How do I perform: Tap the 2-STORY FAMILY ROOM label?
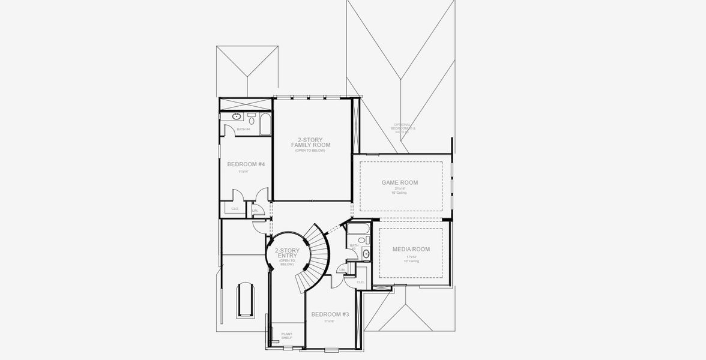pyautogui.click(x=310, y=142)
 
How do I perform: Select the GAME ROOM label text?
pyautogui.click(x=400, y=182)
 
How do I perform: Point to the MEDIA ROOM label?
pyautogui.click(x=411, y=249)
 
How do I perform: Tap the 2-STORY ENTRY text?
pyautogui.click(x=287, y=254)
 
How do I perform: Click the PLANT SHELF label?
pyautogui.click(x=287, y=335)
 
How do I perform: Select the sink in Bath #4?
pyautogui.click(x=237, y=116)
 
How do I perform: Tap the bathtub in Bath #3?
pyautogui.click(x=359, y=229)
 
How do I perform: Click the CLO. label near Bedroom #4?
pyautogui.click(x=235, y=209)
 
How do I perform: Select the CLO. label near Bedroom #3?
pyautogui.click(x=361, y=282)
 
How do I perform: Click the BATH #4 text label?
pyautogui.click(x=243, y=129)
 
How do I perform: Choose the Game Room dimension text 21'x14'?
pyautogui.click(x=400, y=188)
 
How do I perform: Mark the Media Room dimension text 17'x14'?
pyautogui.click(x=411, y=257)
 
